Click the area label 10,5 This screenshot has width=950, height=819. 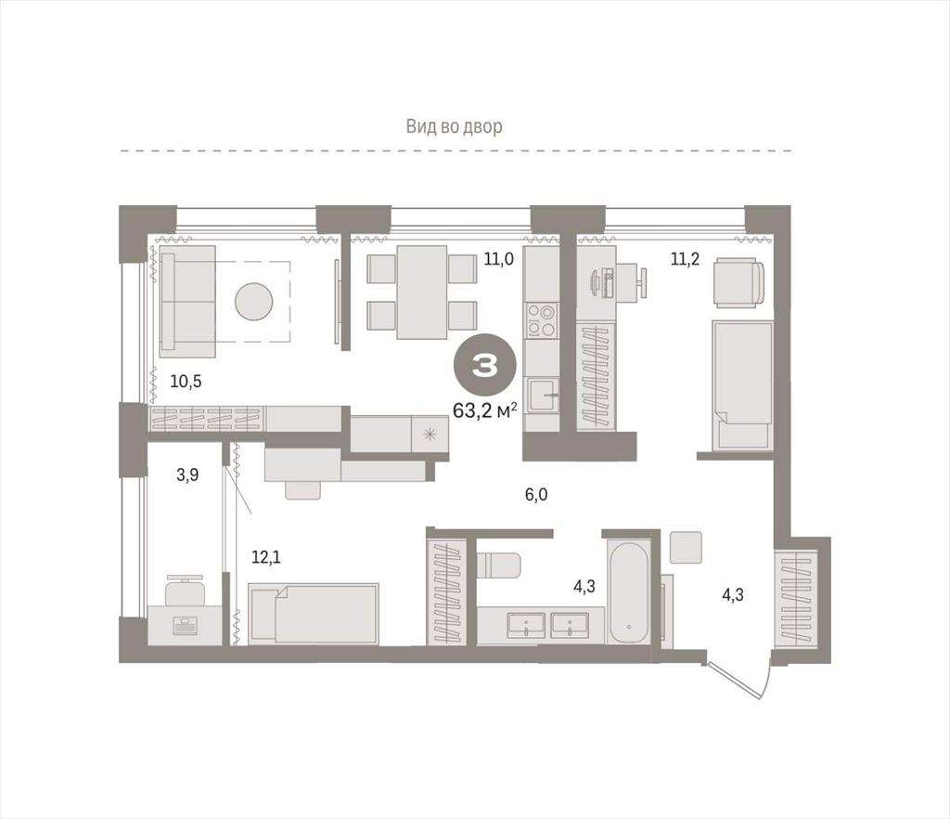(x=186, y=382)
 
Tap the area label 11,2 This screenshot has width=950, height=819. (x=685, y=259)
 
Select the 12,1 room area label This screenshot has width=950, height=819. (x=266, y=556)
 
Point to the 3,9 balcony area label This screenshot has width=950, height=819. (x=187, y=474)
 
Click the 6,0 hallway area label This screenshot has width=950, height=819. (x=536, y=495)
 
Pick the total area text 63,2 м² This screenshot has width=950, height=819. (x=484, y=411)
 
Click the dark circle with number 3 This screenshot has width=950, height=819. (x=484, y=366)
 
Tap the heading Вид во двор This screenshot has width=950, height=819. (x=454, y=126)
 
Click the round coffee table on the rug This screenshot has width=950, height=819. (x=254, y=301)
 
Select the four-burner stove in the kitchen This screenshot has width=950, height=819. (x=541, y=320)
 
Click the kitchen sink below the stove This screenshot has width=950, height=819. (x=542, y=396)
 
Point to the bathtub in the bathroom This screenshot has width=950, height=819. (x=630, y=591)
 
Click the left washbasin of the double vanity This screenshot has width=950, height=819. (x=526, y=625)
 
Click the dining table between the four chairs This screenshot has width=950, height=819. (x=422, y=292)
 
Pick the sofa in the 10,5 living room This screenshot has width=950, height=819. (x=187, y=301)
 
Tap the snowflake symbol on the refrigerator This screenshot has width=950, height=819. (x=430, y=434)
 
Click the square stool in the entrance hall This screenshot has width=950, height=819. (x=686, y=548)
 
